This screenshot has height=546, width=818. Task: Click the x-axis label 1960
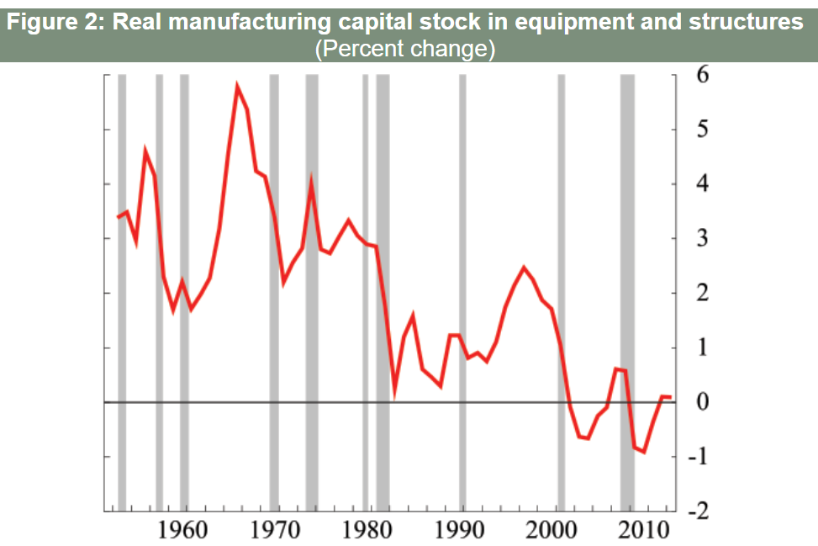click(182, 531)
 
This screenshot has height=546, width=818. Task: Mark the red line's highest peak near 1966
click(237, 85)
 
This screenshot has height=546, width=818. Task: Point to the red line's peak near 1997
click(524, 268)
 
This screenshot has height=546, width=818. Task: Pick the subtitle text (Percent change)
click(405, 49)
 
